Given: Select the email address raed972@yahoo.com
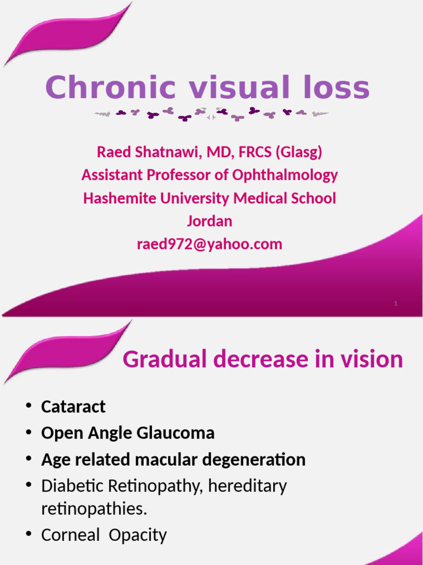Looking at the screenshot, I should point(209,244).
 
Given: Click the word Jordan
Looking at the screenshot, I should point(209,221).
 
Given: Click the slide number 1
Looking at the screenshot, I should point(395,303).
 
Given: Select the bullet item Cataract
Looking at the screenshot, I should point(73,407).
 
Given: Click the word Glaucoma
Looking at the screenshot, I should point(180,433).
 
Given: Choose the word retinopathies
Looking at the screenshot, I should point(94,509).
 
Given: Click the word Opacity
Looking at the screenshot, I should point(138,535).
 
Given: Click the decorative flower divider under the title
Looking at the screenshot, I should point(211,114).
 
